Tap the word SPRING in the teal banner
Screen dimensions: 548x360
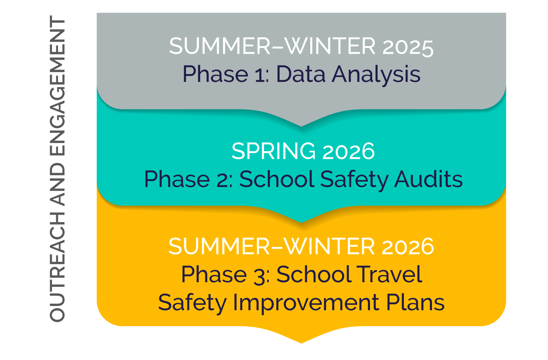tap(273, 151)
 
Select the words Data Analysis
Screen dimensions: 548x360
tap(348, 75)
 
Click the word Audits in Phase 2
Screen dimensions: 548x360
tap(428, 179)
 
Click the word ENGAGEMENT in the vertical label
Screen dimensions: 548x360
tap(58, 86)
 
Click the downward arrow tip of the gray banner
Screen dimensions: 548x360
tap(302, 126)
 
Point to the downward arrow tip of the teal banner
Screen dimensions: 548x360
tap(302, 222)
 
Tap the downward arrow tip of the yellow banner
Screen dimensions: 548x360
tap(302, 343)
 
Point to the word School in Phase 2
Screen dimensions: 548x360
tap(277, 179)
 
